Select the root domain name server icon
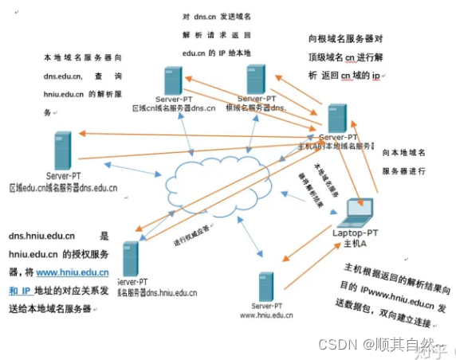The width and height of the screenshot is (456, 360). click(257, 80)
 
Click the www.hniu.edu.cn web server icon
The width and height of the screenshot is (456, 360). click(266, 284)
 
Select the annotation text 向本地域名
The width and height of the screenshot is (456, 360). click(407, 151)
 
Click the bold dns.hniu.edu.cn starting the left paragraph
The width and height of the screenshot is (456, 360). click(41, 236)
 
